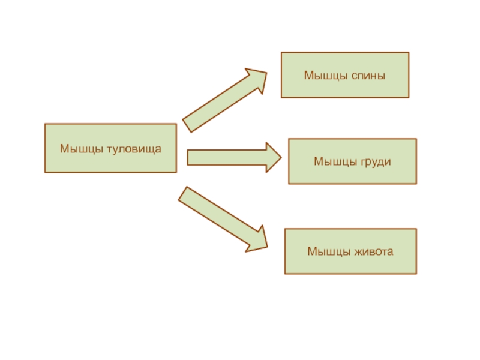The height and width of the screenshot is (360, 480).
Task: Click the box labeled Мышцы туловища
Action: tap(110, 148)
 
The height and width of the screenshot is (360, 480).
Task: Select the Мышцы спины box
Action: tap(345, 75)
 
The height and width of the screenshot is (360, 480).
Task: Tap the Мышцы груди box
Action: tap(352, 161)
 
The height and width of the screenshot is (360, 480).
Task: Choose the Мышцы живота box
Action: tap(350, 251)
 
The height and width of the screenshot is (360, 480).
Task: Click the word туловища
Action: tap(134, 149)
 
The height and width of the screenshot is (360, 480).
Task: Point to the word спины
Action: tap(368, 76)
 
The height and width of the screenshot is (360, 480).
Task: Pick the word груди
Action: tap(376, 162)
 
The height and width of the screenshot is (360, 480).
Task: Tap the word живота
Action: tap(374, 251)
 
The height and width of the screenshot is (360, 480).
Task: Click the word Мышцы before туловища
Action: tap(81, 149)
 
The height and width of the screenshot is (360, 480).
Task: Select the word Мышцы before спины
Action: tap(326, 76)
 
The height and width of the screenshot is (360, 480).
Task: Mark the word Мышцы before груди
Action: tap(335, 162)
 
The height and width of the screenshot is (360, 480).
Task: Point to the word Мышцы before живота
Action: tap(328, 251)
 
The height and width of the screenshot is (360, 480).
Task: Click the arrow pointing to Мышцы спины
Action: tap(225, 100)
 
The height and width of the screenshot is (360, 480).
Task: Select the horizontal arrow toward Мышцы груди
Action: tap(234, 158)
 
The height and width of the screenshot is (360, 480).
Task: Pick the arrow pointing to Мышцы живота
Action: tap(223, 220)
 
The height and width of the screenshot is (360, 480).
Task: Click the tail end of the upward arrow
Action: tap(187, 126)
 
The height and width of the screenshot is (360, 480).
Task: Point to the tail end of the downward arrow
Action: tap(182, 193)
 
